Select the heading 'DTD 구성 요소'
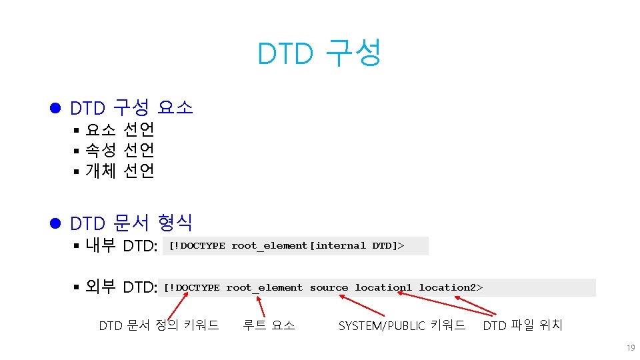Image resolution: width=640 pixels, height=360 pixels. (131, 107)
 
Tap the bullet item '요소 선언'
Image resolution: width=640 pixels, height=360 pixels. (120, 129)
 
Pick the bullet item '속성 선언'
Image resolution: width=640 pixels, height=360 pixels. (120, 149)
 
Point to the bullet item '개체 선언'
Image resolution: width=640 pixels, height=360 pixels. (120, 171)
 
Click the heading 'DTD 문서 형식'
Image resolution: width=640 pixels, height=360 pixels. (131, 222)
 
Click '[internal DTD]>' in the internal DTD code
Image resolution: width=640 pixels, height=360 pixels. (359, 246)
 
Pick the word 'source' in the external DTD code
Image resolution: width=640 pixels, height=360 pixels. (329, 288)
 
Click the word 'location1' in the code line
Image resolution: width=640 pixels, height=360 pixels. (383, 288)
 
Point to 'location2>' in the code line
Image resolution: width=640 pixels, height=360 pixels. (451, 288)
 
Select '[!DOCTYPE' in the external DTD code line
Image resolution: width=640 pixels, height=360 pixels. (191, 288)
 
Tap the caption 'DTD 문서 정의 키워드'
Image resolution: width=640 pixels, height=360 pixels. (159, 325)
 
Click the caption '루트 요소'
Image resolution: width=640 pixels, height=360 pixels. (269, 325)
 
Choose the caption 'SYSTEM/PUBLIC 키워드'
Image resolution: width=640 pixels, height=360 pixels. (401, 325)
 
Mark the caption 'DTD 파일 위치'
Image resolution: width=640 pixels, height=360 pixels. (523, 325)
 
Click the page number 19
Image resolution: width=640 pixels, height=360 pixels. (630, 348)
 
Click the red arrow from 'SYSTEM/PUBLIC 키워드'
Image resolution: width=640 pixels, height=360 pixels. (365, 305)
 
